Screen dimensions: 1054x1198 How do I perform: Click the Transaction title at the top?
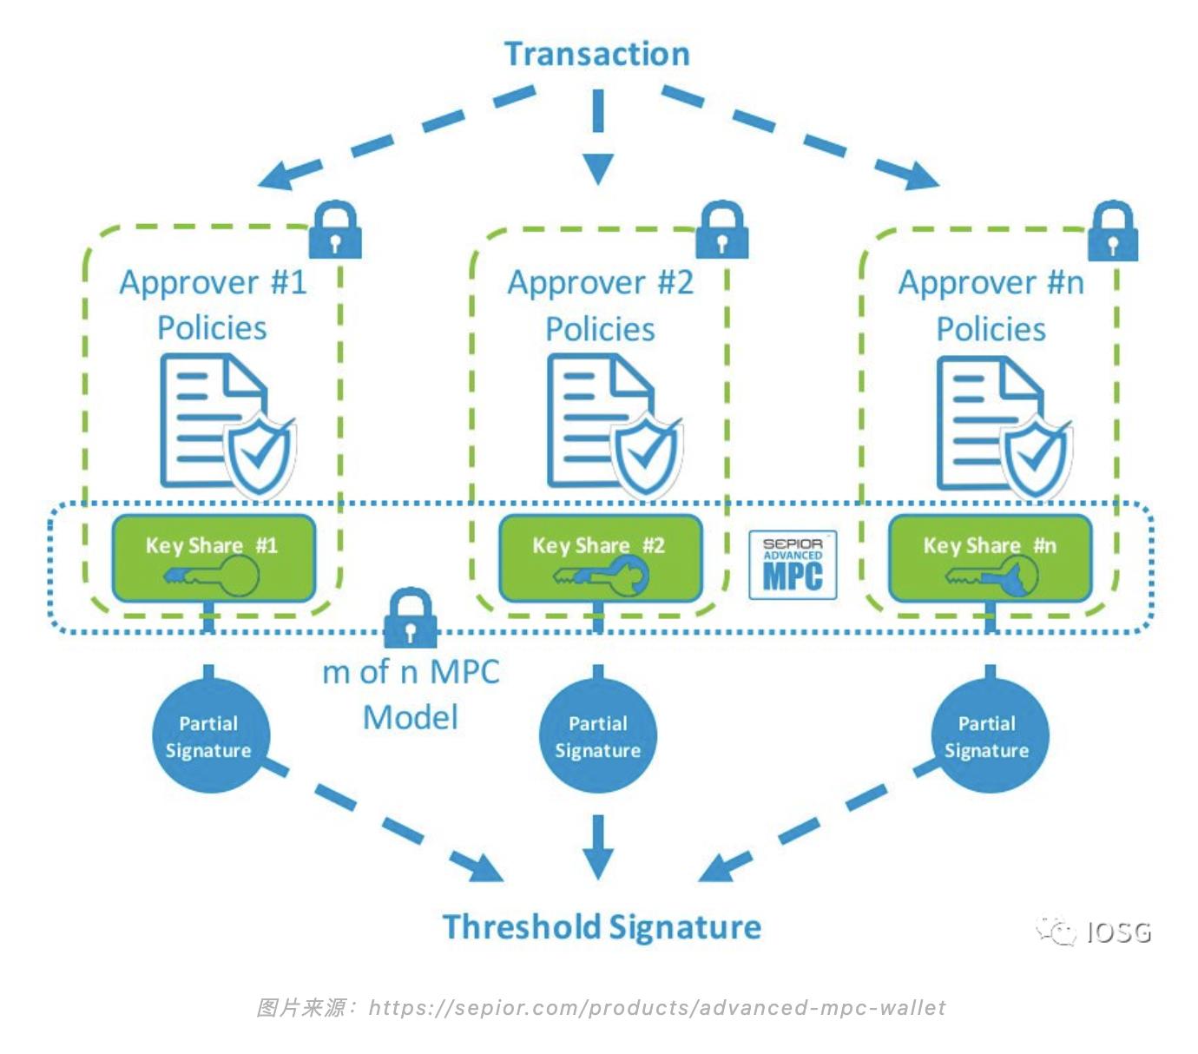click(597, 54)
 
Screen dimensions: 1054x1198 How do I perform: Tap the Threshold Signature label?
click(602, 927)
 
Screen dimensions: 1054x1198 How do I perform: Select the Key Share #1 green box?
click(213, 558)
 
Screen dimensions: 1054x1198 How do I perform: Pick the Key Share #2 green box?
click(600, 558)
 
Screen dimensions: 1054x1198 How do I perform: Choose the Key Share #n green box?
click(990, 558)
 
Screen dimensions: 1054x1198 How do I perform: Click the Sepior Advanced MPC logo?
click(793, 565)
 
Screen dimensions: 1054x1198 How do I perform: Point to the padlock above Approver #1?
click(335, 230)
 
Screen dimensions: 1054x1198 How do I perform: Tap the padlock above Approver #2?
click(722, 230)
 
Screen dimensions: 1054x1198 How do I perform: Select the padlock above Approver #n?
click(1112, 231)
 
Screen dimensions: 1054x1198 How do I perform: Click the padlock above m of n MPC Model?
click(410, 617)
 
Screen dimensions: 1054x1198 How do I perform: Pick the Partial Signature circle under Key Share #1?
click(208, 736)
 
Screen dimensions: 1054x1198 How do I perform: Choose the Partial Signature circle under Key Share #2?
click(598, 736)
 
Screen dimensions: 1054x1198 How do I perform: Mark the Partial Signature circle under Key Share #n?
click(988, 736)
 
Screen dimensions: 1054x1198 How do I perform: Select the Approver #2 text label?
click(601, 283)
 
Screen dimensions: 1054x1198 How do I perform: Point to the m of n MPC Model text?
click(411, 695)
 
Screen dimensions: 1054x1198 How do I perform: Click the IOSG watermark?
click(1096, 932)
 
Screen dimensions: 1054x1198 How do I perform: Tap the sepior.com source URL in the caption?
click(657, 1008)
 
